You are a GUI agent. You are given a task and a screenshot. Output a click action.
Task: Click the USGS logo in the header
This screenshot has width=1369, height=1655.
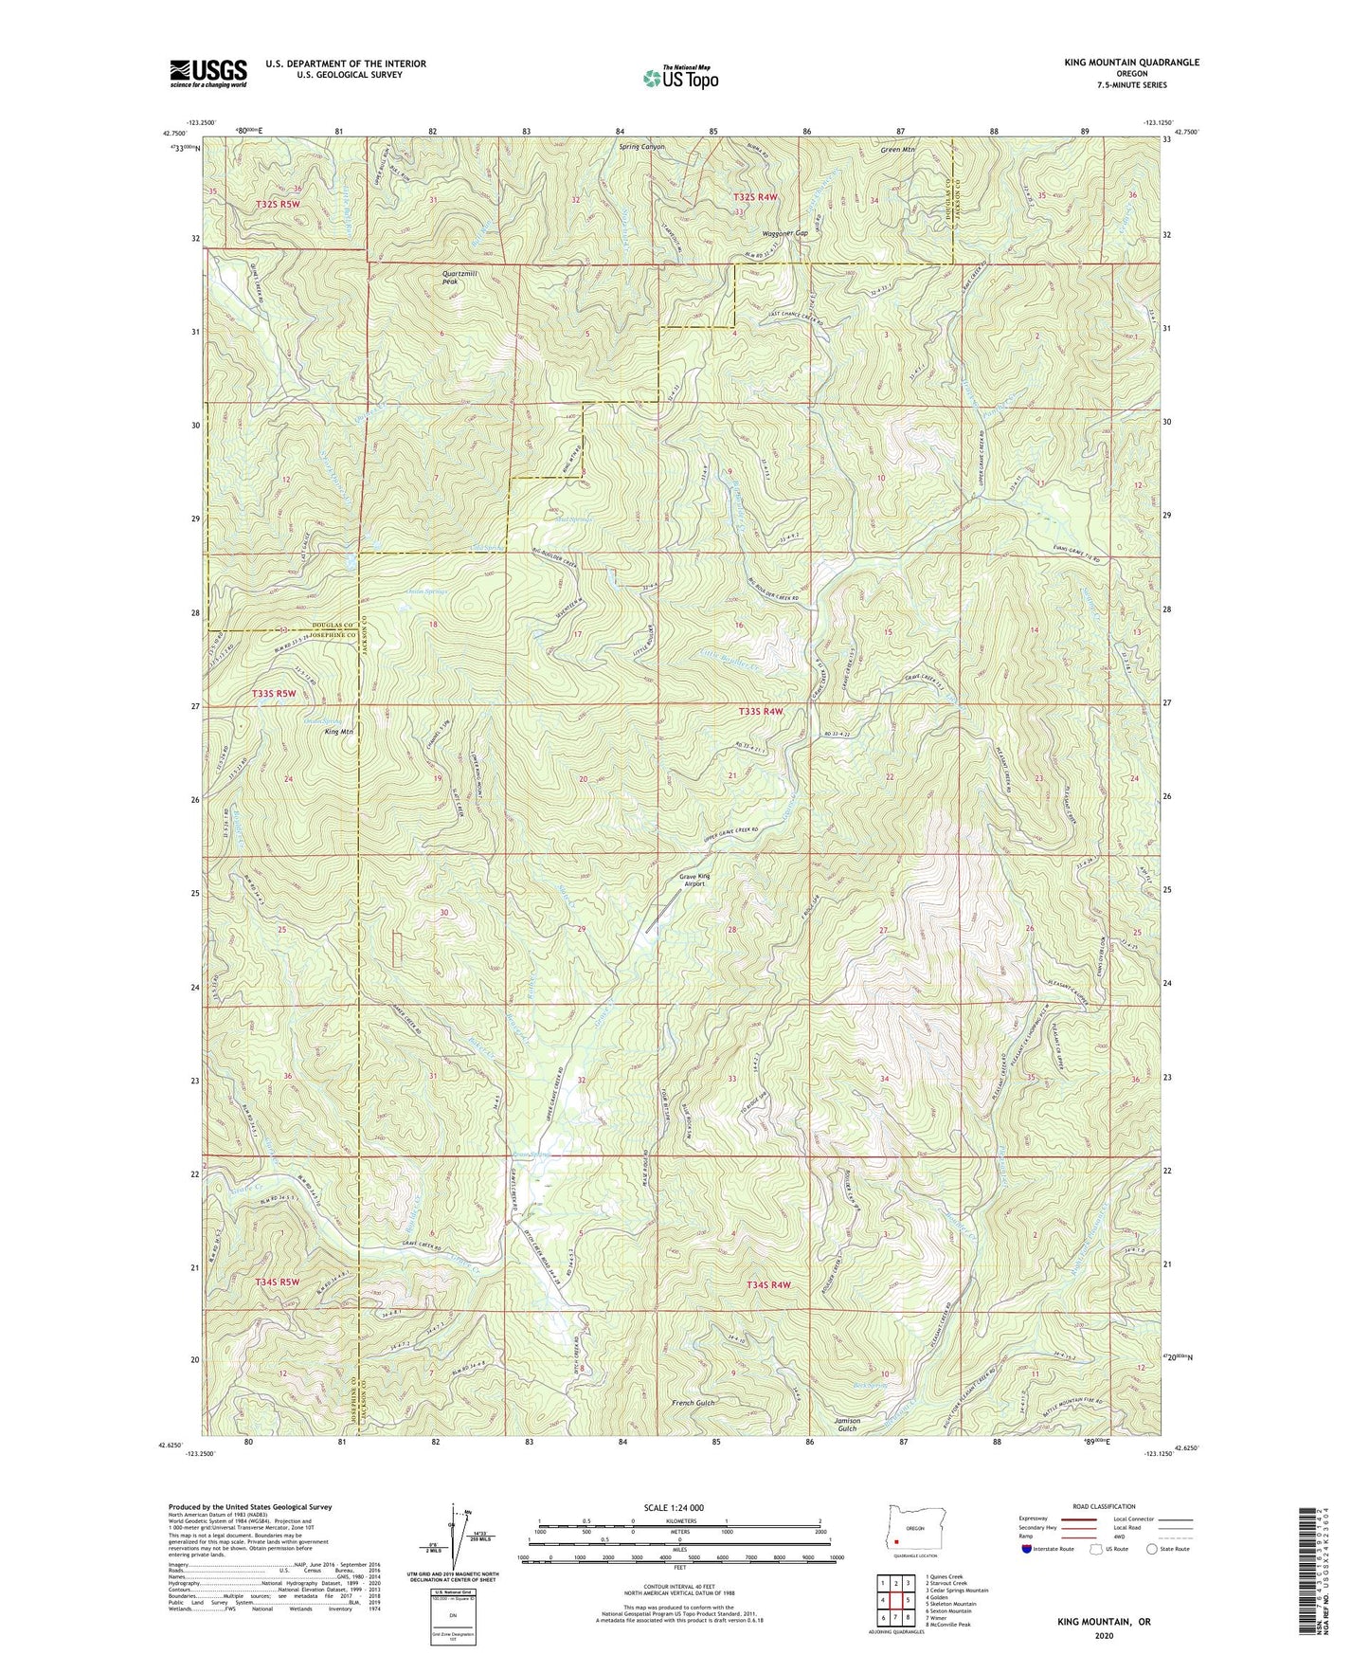(x=207, y=73)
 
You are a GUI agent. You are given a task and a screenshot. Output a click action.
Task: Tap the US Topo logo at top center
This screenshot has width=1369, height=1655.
(x=679, y=78)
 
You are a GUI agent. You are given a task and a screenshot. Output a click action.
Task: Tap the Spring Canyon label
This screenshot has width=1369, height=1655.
(x=642, y=148)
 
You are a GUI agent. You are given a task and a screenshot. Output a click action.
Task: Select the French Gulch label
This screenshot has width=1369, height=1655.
(x=694, y=1402)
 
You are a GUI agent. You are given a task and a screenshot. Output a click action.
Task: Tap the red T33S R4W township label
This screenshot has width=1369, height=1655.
(x=760, y=711)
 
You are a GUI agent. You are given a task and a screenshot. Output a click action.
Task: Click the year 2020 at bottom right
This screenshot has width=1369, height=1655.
(x=1103, y=1635)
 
